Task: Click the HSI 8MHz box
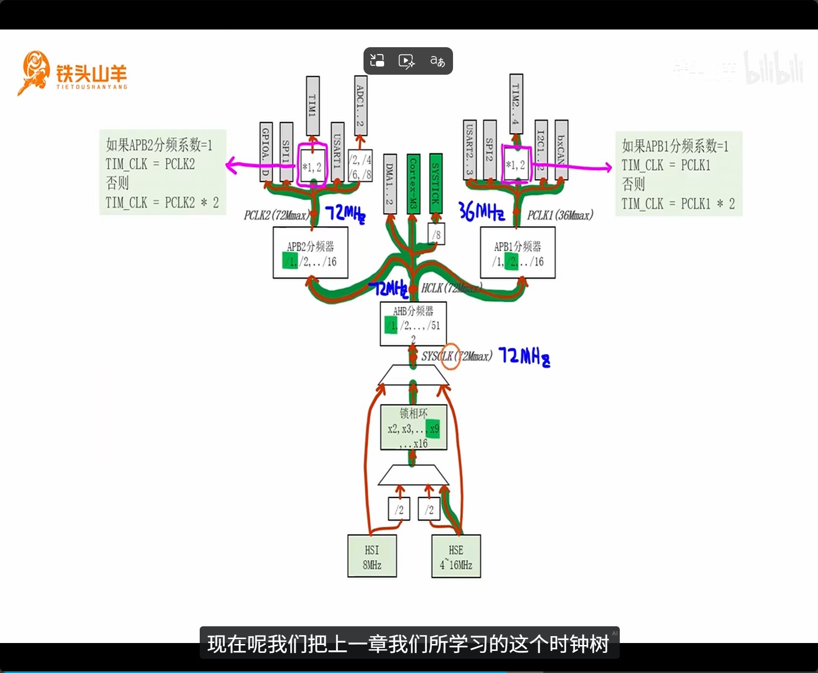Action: pyautogui.click(x=372, y=556)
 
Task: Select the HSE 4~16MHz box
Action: pyautogui.click(x=456, y=556)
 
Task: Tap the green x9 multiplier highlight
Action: pyautogui.click(x=433, y=429)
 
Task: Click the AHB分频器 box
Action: pyautogui.click(x=413, y=323)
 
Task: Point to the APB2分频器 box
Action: pyautogui.click(x=310, y=253)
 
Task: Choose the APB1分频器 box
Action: pyautogui.click(x=517, y=253)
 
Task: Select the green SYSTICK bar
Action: pyautogui.click(x=435, y=183)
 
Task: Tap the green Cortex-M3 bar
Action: pyautogui.click(x=413, y=184)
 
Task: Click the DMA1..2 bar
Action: pyautogui.click(x=390, y=183)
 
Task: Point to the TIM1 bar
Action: pyautogui.click(x=312, y=105)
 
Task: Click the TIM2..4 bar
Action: pyautogui.click(x=516, y=103)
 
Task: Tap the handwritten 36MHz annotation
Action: pyautogui.click(x=482, y=211)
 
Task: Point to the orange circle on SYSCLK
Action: pyautogui.click(x=449, y=356)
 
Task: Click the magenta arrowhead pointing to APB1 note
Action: pyautogui.click(x=608, y=168)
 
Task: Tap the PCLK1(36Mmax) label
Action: pyautogui.click(x=560, y=215)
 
